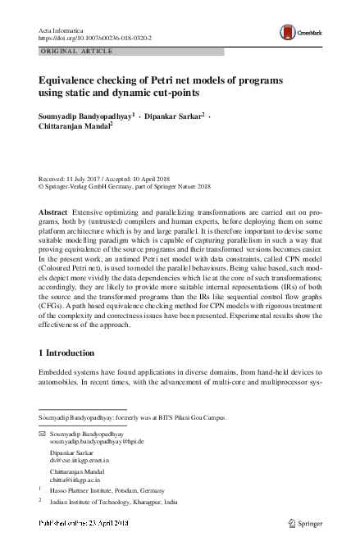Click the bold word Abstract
[52, 212]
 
